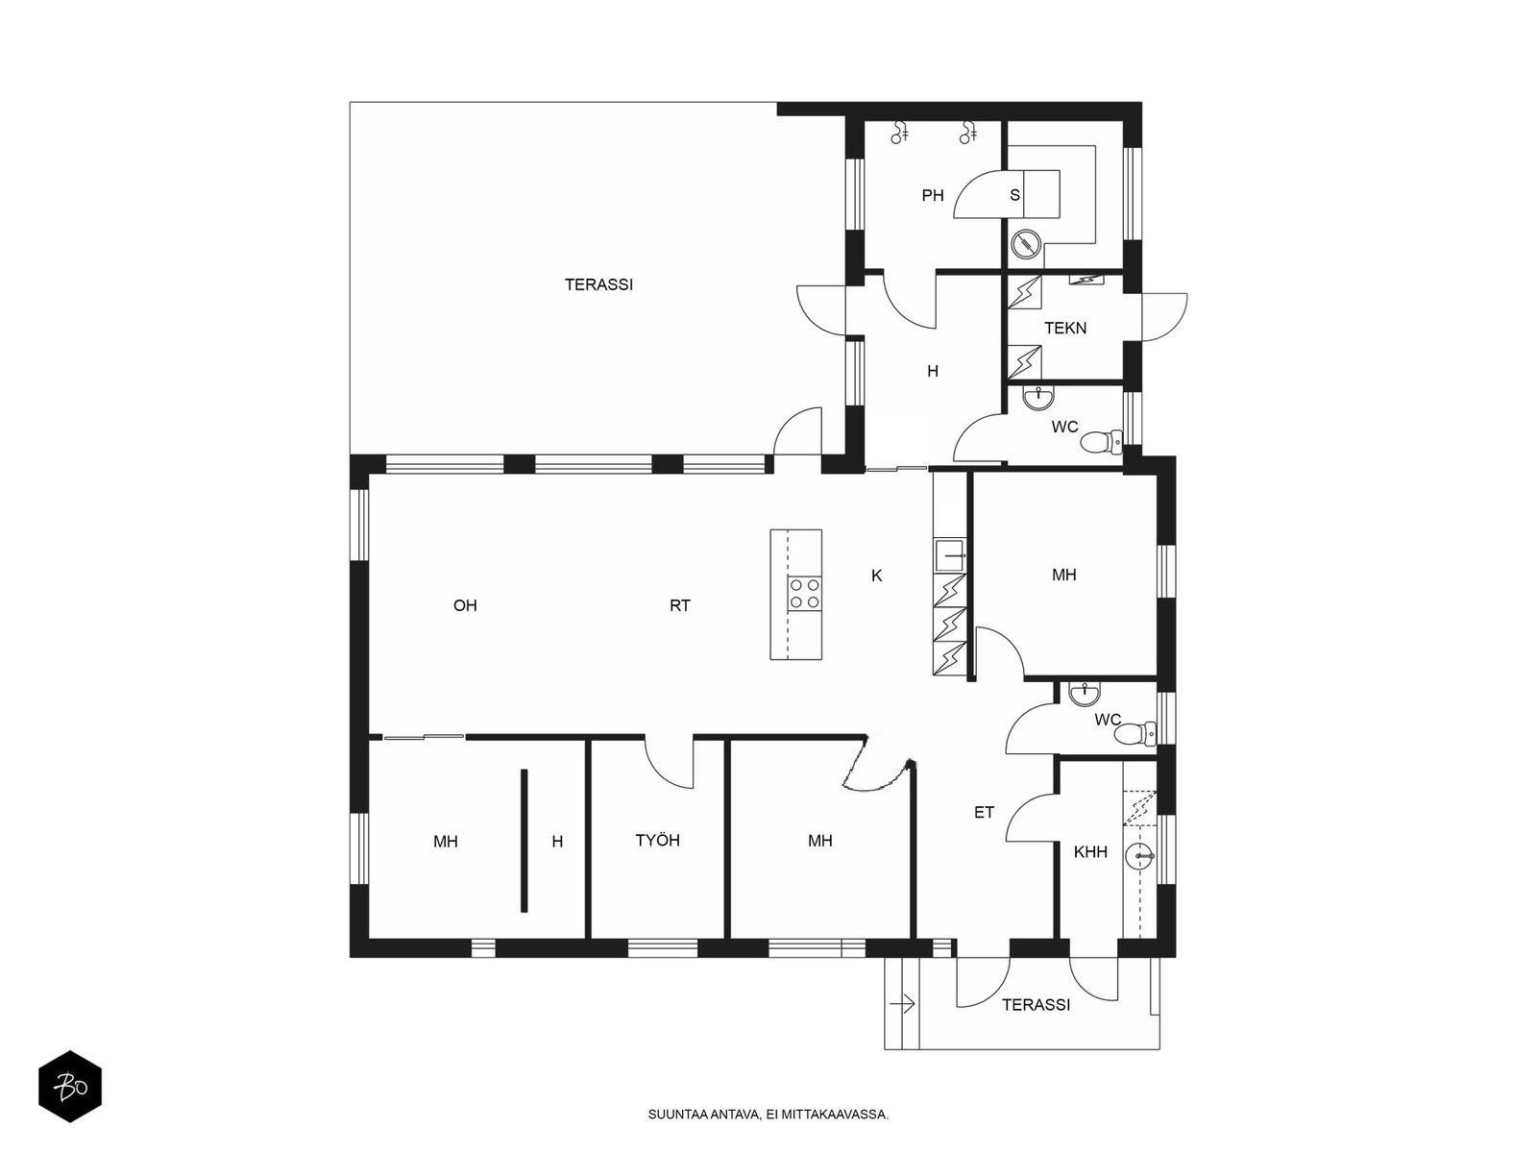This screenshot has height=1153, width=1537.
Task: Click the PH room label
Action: [x=932, y=195]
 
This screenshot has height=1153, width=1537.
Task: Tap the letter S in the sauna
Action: [x=1014, y=195]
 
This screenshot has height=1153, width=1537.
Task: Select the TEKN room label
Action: [x=1065, y=328]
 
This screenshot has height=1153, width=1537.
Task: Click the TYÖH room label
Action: [x=657, y=840]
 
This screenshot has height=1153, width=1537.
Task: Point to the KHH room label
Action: [x=1090, y=851]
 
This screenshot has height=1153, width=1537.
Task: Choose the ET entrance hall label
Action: [x=984, y=812]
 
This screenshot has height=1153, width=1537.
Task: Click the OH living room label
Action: [x=465, y=605]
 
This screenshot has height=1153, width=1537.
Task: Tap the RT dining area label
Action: [x=679, y=605]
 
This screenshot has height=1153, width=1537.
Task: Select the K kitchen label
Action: [x=876, y=576]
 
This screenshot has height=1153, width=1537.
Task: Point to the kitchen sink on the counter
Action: [x=950, y=554]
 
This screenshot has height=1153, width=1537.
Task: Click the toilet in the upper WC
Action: [x=1102, y=442]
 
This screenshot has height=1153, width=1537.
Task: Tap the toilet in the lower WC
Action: [x=1134, y=734]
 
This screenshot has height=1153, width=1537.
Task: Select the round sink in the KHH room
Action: [x=1139, y=855]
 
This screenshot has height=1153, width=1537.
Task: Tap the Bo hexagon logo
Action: [x=70, y=1087]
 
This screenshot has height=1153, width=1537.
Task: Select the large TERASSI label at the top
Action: [x=598, y=284]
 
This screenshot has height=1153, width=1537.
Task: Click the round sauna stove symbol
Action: [x=1027, y=244]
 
